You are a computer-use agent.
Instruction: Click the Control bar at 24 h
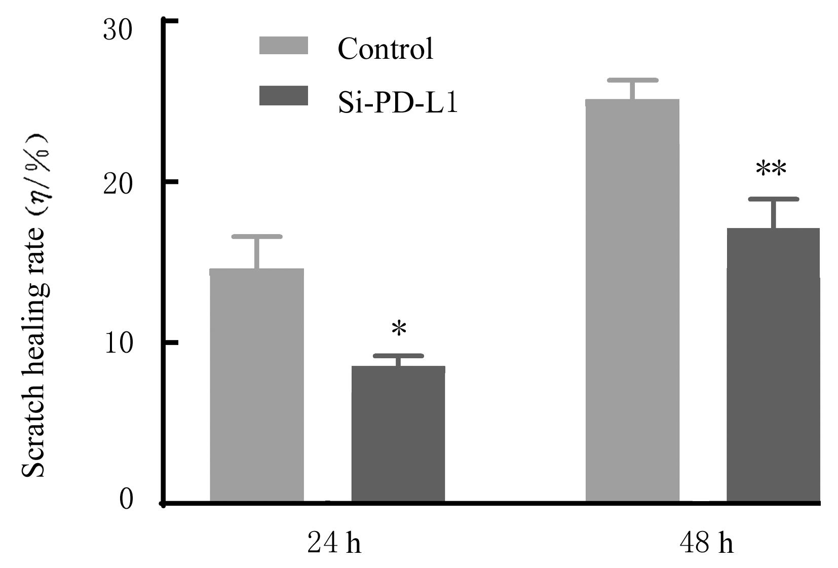(x=256, y=385)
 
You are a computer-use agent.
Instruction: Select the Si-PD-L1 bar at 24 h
(x=398, y=434)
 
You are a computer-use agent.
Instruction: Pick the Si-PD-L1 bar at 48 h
(x=773, y=365)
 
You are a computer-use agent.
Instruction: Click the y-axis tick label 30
(x=118, y=30)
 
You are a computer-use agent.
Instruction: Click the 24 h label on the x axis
(x=334, y=544)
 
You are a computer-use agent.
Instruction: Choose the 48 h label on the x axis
(x=706, y=544)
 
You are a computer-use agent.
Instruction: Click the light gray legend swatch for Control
(x=283, y=45)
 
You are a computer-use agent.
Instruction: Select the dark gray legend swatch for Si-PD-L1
(x=283, y=96)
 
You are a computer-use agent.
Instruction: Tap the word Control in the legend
(x=386, y=49)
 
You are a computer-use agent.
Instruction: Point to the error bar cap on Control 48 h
(x=632, y=80)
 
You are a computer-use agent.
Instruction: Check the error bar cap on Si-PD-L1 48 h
(x=773, y=199)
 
